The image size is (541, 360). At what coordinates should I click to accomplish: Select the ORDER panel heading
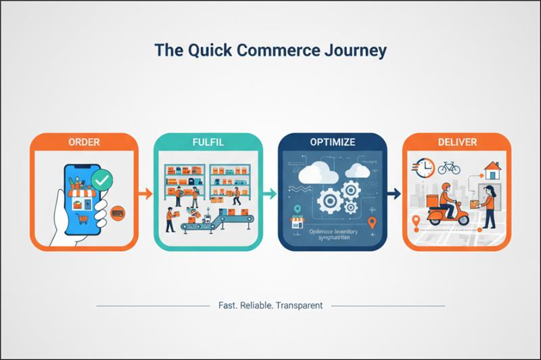(x=84, y=142)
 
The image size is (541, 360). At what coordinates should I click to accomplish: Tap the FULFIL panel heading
(x=208, y=142)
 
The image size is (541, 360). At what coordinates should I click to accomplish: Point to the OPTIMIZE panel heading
(x=332, y=142)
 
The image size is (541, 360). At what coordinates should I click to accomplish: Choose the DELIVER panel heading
(x=456, y=142)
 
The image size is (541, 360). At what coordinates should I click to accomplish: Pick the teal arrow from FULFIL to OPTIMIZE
(x=270, y=194)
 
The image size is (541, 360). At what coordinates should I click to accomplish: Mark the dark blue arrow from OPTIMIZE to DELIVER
(x=394, y=194)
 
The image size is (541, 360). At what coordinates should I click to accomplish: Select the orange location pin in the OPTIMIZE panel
(x=371, y=223)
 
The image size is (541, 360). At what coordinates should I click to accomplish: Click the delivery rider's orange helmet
(x=445, y=187)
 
